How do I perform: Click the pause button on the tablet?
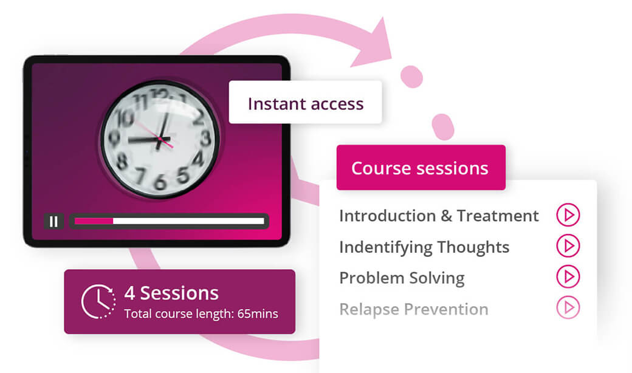pyautogui.click(x=53, y=221)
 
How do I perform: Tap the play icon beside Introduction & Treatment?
pyautogui.click(x=568, y=214)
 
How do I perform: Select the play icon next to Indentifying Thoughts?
pyautogui.click(x=568, y=245)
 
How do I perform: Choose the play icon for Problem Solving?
pyautogui.click(x=568, y=276)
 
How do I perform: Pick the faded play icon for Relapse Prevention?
pyautogui.click(x=568, y=308)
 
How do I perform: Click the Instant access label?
pyautogui.click(x=306, y=103)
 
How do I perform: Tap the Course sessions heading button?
pyautogui.click(x=421, y=168)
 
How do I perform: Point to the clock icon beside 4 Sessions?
pyautogui.click(x=98, y=302)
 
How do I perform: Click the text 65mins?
pyautogui.click(x=258, y=314)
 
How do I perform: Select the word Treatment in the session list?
pyautogui.click(x=497, y=216)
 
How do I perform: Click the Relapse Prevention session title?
pyautogui.click(x=414, y=309)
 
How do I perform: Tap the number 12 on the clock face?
pyautogui.click(x=160, y=95)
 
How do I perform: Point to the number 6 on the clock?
pyautogui.click(x=160, y=182)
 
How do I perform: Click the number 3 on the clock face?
pyautogui.click(x=205, y=138)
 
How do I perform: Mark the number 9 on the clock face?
pyautogui.click(x=114, y=138)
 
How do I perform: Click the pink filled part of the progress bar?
pyautogui.click(x=94, y=221)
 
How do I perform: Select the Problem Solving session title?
pyautogui.click(x=402, y=278)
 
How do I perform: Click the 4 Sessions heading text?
pyautogui.click(x=171, y=293)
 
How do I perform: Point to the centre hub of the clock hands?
pyautogui.click(x=160, y=139)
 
